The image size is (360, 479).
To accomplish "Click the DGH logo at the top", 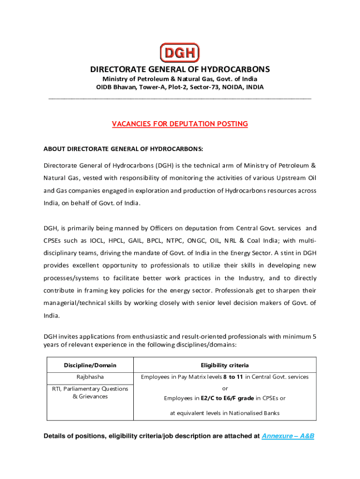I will click(180, 52).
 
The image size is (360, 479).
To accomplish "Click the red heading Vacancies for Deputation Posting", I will click(180, 124).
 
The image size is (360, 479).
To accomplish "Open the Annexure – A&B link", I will click(288, 436).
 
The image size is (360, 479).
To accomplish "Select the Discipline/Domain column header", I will click(90, 365).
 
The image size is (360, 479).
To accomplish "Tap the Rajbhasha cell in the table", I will click(90, 377).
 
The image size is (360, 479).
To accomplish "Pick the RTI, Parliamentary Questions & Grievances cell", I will click(90, 392).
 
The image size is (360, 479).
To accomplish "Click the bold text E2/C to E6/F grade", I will click(227, 398).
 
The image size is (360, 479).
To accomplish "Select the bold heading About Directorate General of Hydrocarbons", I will click(123, 149).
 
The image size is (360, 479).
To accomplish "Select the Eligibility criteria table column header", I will click(224, 365).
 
